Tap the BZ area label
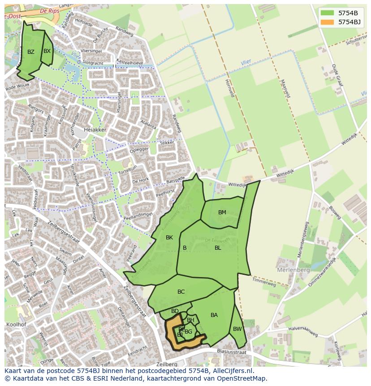[x=30, y=52]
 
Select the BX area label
[x=47, y=51]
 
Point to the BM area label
[x=222, y=213]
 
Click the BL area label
[x=218, y=248]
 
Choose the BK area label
[x=169, y=238]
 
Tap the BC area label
[x=181, y=292]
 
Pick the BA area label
[x=214, y=315]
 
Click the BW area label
[x=237, y=329]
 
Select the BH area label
[x=190, y=320]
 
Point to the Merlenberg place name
[x=293, y=270]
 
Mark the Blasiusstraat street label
[x=231, y=352]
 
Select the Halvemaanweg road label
[x=303, y=332]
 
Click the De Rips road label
[x=49, y=10]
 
